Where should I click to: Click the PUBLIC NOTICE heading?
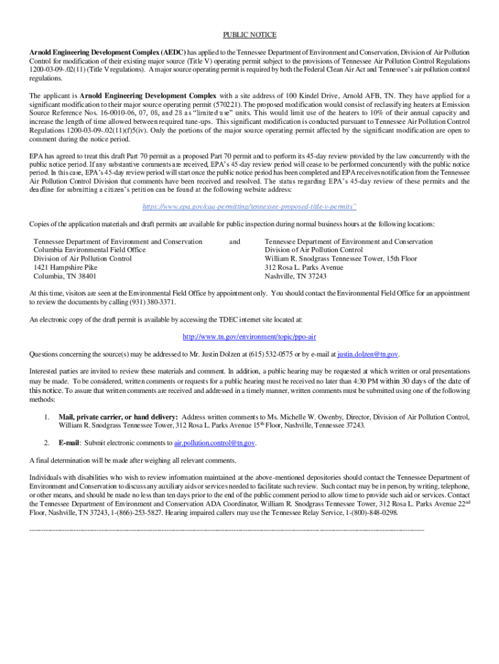coord(250,34)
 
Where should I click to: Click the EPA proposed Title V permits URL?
coord(249,207)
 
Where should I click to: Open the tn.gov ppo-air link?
coord(250,337)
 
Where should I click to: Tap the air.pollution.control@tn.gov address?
coord(215,443)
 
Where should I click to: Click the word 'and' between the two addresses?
coord(235,242)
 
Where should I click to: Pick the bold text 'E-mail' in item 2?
coord(69,443)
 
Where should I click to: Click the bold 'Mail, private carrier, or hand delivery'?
coord(118,417)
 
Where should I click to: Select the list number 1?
coord(47,417)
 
